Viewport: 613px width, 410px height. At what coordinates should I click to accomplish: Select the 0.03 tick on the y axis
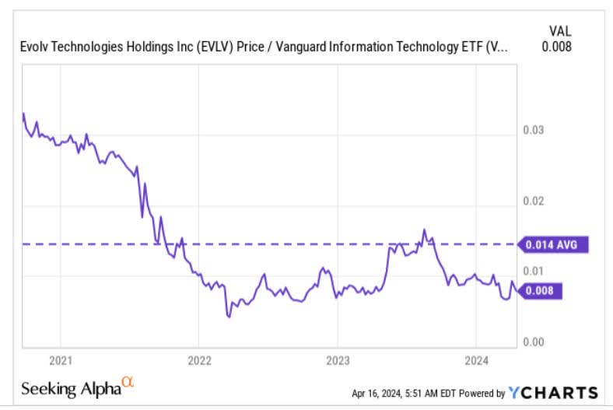534,130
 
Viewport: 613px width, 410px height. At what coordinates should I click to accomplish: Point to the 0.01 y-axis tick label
534,271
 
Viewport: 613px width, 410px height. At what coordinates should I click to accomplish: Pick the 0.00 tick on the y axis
534,342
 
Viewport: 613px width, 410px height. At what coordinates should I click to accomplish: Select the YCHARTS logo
552,392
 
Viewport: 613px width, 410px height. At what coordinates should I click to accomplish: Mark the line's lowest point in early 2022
229,317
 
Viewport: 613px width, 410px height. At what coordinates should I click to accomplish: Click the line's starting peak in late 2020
23,114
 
